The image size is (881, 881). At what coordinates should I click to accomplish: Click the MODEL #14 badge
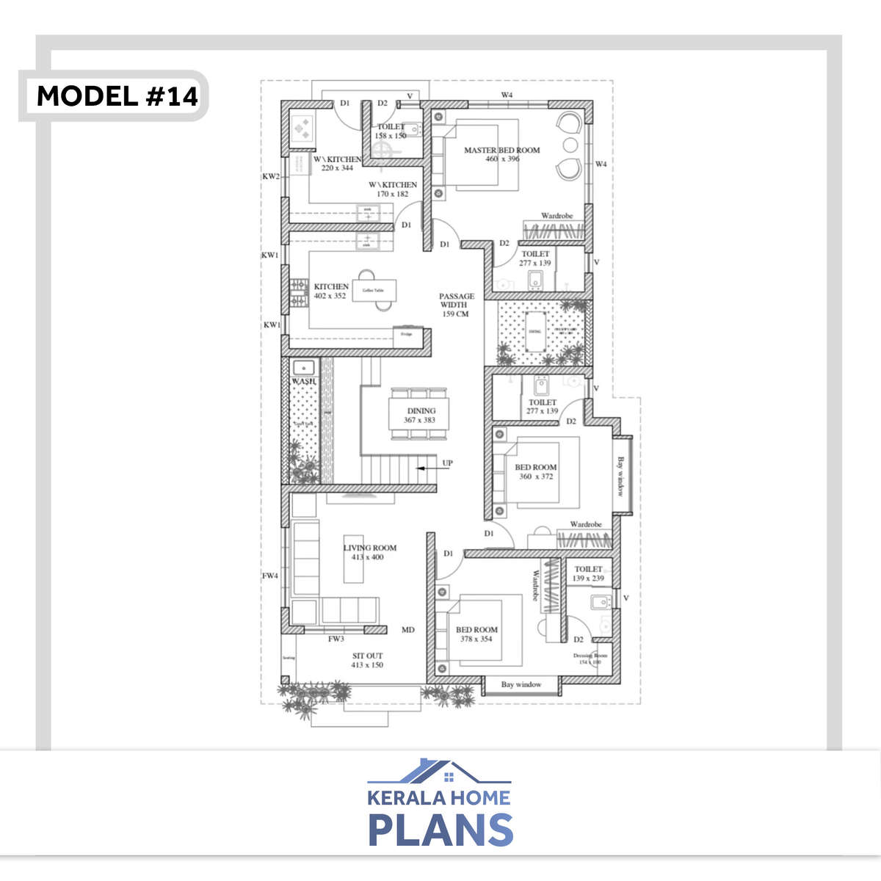[x=117, y=96]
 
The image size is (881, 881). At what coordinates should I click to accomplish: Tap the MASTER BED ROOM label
[x=501, y=154]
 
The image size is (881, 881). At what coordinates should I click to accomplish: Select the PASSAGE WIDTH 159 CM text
[x=456, y=305]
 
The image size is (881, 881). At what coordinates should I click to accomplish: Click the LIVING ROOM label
[x=369, y=552]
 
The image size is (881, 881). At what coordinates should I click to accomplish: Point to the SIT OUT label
[x=367, y=660]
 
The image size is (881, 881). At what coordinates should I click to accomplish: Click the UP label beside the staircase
[x=447, y=463]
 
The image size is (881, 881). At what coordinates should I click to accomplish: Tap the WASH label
[x=303, y=382]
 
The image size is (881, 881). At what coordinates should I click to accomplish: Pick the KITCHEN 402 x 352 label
[x=330, y=291]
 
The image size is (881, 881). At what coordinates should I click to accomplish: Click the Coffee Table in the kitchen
[x=374, y=291]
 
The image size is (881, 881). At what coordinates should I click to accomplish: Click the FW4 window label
[x=270, y=576]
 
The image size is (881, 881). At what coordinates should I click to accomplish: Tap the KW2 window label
[x=271, y=176]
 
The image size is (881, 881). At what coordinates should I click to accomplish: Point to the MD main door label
[x=408, y=630]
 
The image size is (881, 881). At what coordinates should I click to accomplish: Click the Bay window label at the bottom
[x=521, y=684]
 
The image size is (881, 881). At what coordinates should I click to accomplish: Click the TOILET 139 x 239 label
[x=588, y=573]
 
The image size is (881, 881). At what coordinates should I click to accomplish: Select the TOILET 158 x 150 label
[x=391, y=131]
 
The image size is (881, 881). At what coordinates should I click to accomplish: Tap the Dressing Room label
[x=590, y=659]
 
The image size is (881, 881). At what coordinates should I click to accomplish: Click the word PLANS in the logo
[x=440, y=830]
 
